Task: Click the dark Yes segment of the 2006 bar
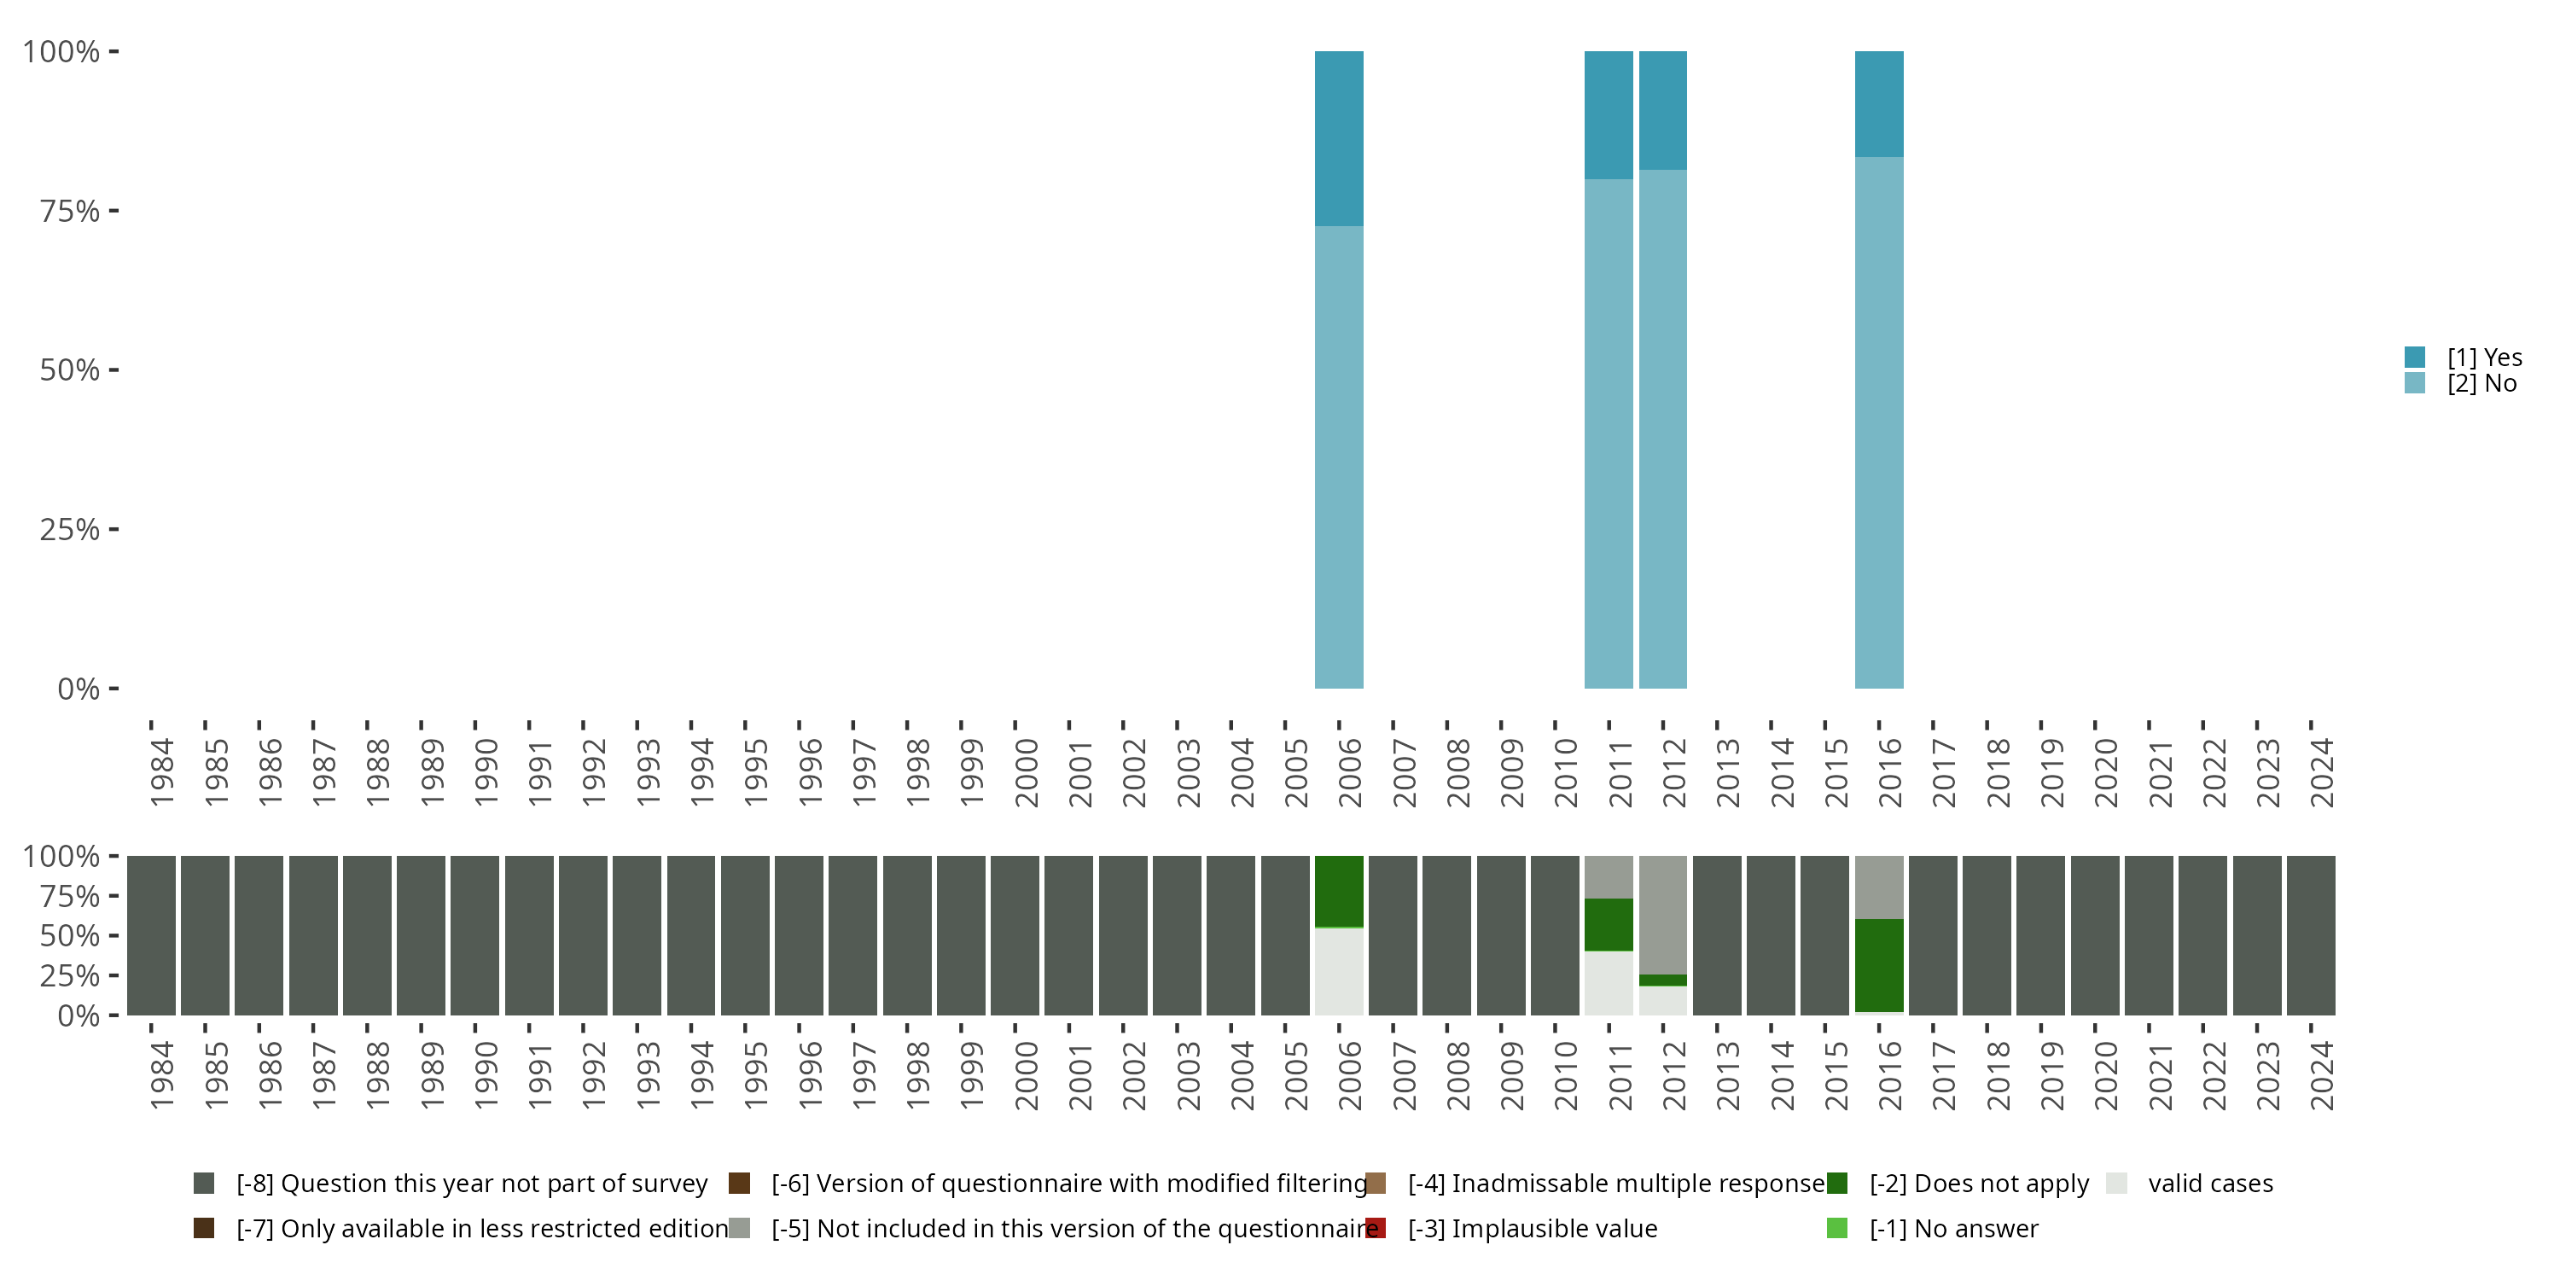[x=1339, y=138]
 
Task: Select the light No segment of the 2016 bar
[x=1878, y=422]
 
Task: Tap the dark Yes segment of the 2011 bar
[x=1608, y=114]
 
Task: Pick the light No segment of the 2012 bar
[x=1662, y=428]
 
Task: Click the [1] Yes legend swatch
[x=2415, y=357]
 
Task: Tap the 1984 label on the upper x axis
[x=161, y=772]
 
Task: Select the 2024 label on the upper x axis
[x=2320, y=772]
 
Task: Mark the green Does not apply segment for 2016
[x=1878, y=965]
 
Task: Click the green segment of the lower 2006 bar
[x=1339, y=890]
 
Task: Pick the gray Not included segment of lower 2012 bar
[x=1662, y=914]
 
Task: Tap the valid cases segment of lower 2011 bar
[x=1608, y=983]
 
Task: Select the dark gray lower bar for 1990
[x=474, y=935]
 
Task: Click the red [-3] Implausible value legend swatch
[x=1376, y=1228]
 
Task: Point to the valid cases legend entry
[x=2209, y=1184]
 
